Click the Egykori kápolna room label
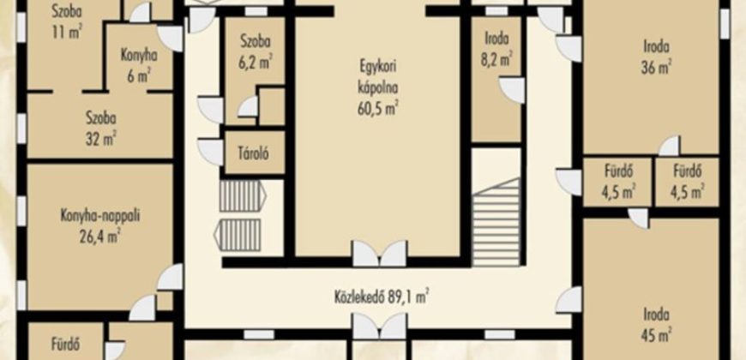click(378, 77)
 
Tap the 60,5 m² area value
click(378, 108)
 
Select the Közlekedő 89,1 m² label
click(382, 297)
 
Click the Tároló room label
click(255, 153)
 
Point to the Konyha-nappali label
click(100, 216)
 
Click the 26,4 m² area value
click(100, 235)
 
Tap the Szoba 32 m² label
click(100, 127)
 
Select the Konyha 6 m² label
click(138, 64)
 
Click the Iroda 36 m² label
click(657, 57)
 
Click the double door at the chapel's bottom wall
click(380, 254)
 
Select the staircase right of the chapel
click(496, 222)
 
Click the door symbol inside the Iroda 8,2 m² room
click(512, 90)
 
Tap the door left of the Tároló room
click(210, 153)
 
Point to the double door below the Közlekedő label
click(380, 327)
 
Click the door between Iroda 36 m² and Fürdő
click(669, 146)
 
